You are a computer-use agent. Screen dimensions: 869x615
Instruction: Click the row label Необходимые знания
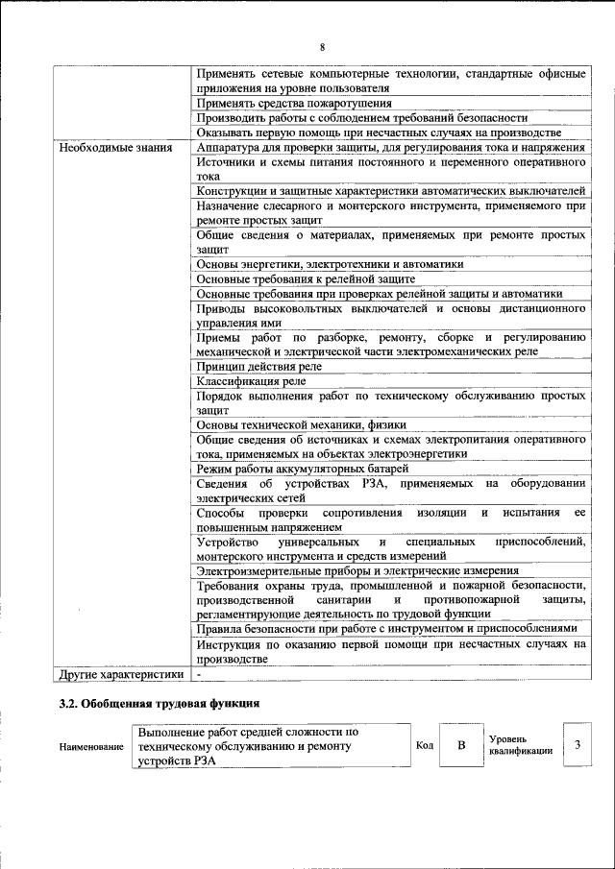[x=115, y=148]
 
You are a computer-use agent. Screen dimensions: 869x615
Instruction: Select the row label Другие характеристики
[x=121, y=676]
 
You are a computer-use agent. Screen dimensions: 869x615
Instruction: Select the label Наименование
[x=91, y=746]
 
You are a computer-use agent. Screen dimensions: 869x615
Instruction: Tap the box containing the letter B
[x=461, y=745]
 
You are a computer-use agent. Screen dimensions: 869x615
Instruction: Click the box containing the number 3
[x=577, y=745]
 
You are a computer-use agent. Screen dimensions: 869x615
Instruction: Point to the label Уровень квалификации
[x=520, y=745]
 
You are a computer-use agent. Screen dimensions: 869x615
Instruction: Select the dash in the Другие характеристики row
[x=198, y=676]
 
